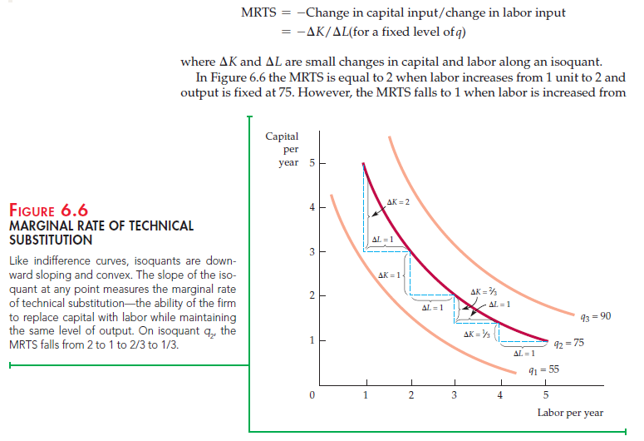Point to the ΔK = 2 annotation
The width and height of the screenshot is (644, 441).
pyautogui.click(x=399, y=203)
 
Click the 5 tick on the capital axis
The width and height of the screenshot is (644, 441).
pyautogui.click(x=312, y=162)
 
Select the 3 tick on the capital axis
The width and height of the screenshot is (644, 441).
pyautogui.click(x=312, y=251)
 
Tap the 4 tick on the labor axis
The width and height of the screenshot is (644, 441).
pyautogui.click(x=500, y=394)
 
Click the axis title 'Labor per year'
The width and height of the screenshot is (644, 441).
pyautogui.click(x=570, y=413)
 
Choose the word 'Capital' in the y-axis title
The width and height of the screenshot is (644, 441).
pyautogui.click(x=283, y=136)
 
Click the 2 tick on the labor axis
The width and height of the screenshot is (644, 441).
pyautogui.click(x=410, y=394)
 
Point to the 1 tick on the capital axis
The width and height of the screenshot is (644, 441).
pyautogui.click(x=312, y=339)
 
